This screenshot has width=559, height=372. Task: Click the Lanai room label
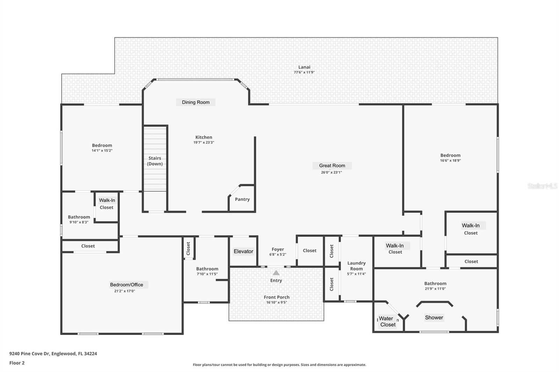pyautogui.click(x=304, y=67)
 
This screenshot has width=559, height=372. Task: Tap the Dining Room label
pyautogui.click(x=196, y=102)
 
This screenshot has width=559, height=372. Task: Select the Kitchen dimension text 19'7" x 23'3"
pyautogui.click(x=204, y=142)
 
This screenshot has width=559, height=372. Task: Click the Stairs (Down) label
pyautogui.click(x=155, y=161)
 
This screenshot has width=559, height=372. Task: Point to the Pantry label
pyautogui.click(x=242, y=200)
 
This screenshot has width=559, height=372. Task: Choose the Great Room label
pyautogui.click(x=332, y=165)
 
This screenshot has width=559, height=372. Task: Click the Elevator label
pyautogui.click(x=243, y=251)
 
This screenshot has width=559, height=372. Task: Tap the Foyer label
pyautogui.click(x=278, y=249)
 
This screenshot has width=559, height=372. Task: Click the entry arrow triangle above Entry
pyautogui.click(x=276, y=273)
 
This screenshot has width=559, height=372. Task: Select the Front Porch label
pyautogui.click(x=276, y=297)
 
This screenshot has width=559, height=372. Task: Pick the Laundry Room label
pyautogui.click(x=356, y=266)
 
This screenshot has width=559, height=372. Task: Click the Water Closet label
pyautogui.click(x=387, y=322)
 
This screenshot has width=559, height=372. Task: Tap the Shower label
pyautogui.click(x=434, y=318)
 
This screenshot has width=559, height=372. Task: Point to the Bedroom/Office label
pyautogui.click(x=126, y=285)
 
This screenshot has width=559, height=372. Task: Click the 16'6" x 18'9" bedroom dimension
pyautogui.click(x=450, y=161)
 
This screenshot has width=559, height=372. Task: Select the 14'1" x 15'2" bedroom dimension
pyautogui.click(x=102, y=151)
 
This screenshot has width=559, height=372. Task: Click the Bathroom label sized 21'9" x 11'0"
pyautogui.click(x=435, y=283)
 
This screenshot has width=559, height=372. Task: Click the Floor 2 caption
pyautogui.click(x=17, y=363)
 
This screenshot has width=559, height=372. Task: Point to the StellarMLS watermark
pyautogui.click(x=543, y=186)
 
